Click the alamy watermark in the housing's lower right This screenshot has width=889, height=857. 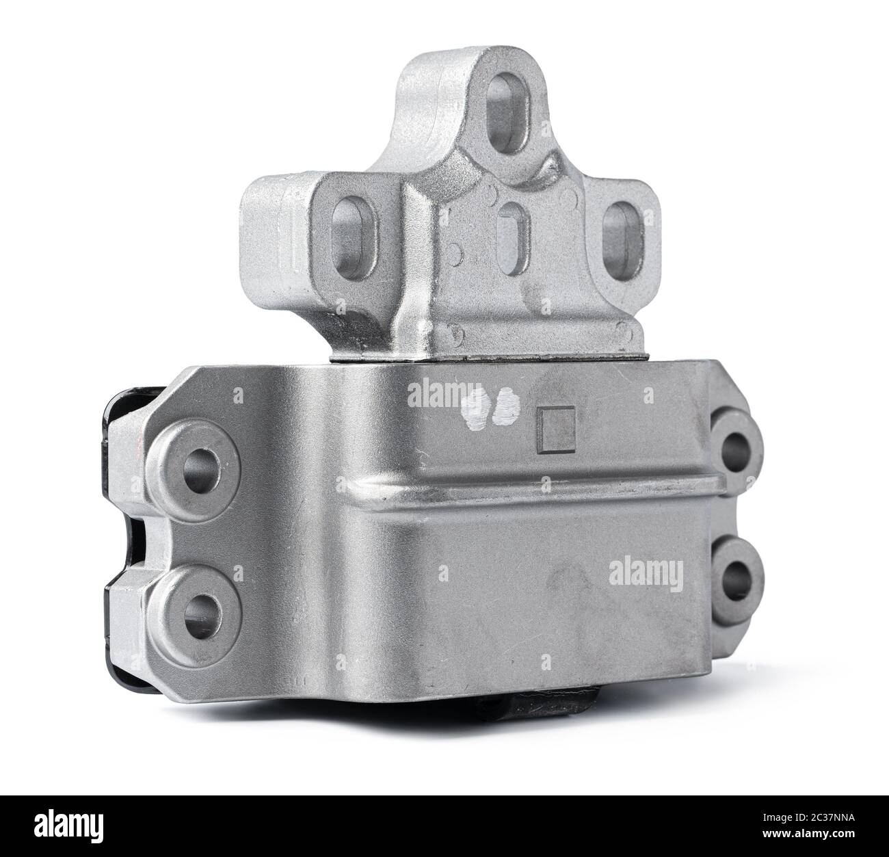[646, 570]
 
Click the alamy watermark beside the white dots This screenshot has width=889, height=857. [433, 393]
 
